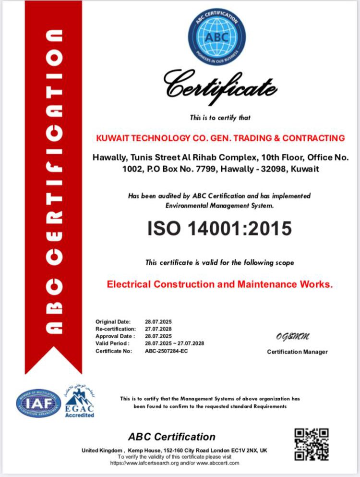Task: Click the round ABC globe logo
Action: tap(216, 37)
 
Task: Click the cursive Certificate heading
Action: tap(220, 88)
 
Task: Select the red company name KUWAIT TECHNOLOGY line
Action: tap(220, 138)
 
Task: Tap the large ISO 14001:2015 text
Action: tap(220, 228)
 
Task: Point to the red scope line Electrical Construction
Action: tap(219, 284)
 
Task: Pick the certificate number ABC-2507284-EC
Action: tap(167, 351)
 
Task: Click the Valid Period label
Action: tap(112, 343)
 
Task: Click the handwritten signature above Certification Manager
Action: tap(292, 336)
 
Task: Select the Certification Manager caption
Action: tap(297, 352)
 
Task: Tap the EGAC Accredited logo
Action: tap(80, 403)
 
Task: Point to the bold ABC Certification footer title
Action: tap(172, 437)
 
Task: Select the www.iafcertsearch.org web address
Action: tap(139, 463)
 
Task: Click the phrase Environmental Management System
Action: tap(219, 206)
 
